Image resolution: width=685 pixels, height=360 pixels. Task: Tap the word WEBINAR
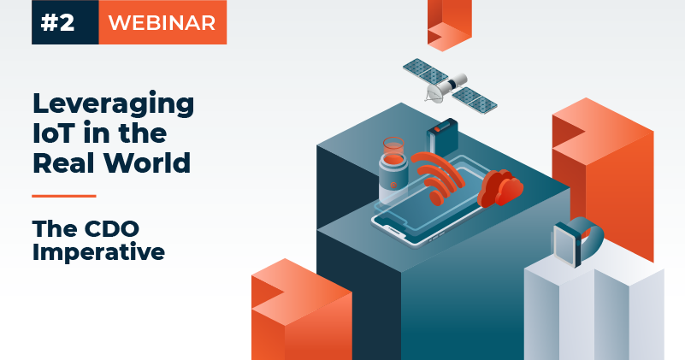tap(162, 23)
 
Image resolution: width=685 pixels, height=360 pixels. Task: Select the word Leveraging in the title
tap(113, 105)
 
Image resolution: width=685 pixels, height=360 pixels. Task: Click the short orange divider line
tap(63, 196)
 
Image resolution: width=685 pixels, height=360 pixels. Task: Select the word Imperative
tap(97, 253)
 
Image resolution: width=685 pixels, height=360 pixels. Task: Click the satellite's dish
tap(437, 86)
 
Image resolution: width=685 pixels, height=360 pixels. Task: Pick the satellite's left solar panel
tap(424, 70)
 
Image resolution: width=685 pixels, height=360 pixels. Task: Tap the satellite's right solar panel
tap(475, 99)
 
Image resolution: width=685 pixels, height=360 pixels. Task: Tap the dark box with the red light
tap(443, 138)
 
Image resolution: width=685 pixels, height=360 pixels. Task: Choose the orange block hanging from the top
tap(449, 21)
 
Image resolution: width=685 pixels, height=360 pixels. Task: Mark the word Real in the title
tap(65, 162)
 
